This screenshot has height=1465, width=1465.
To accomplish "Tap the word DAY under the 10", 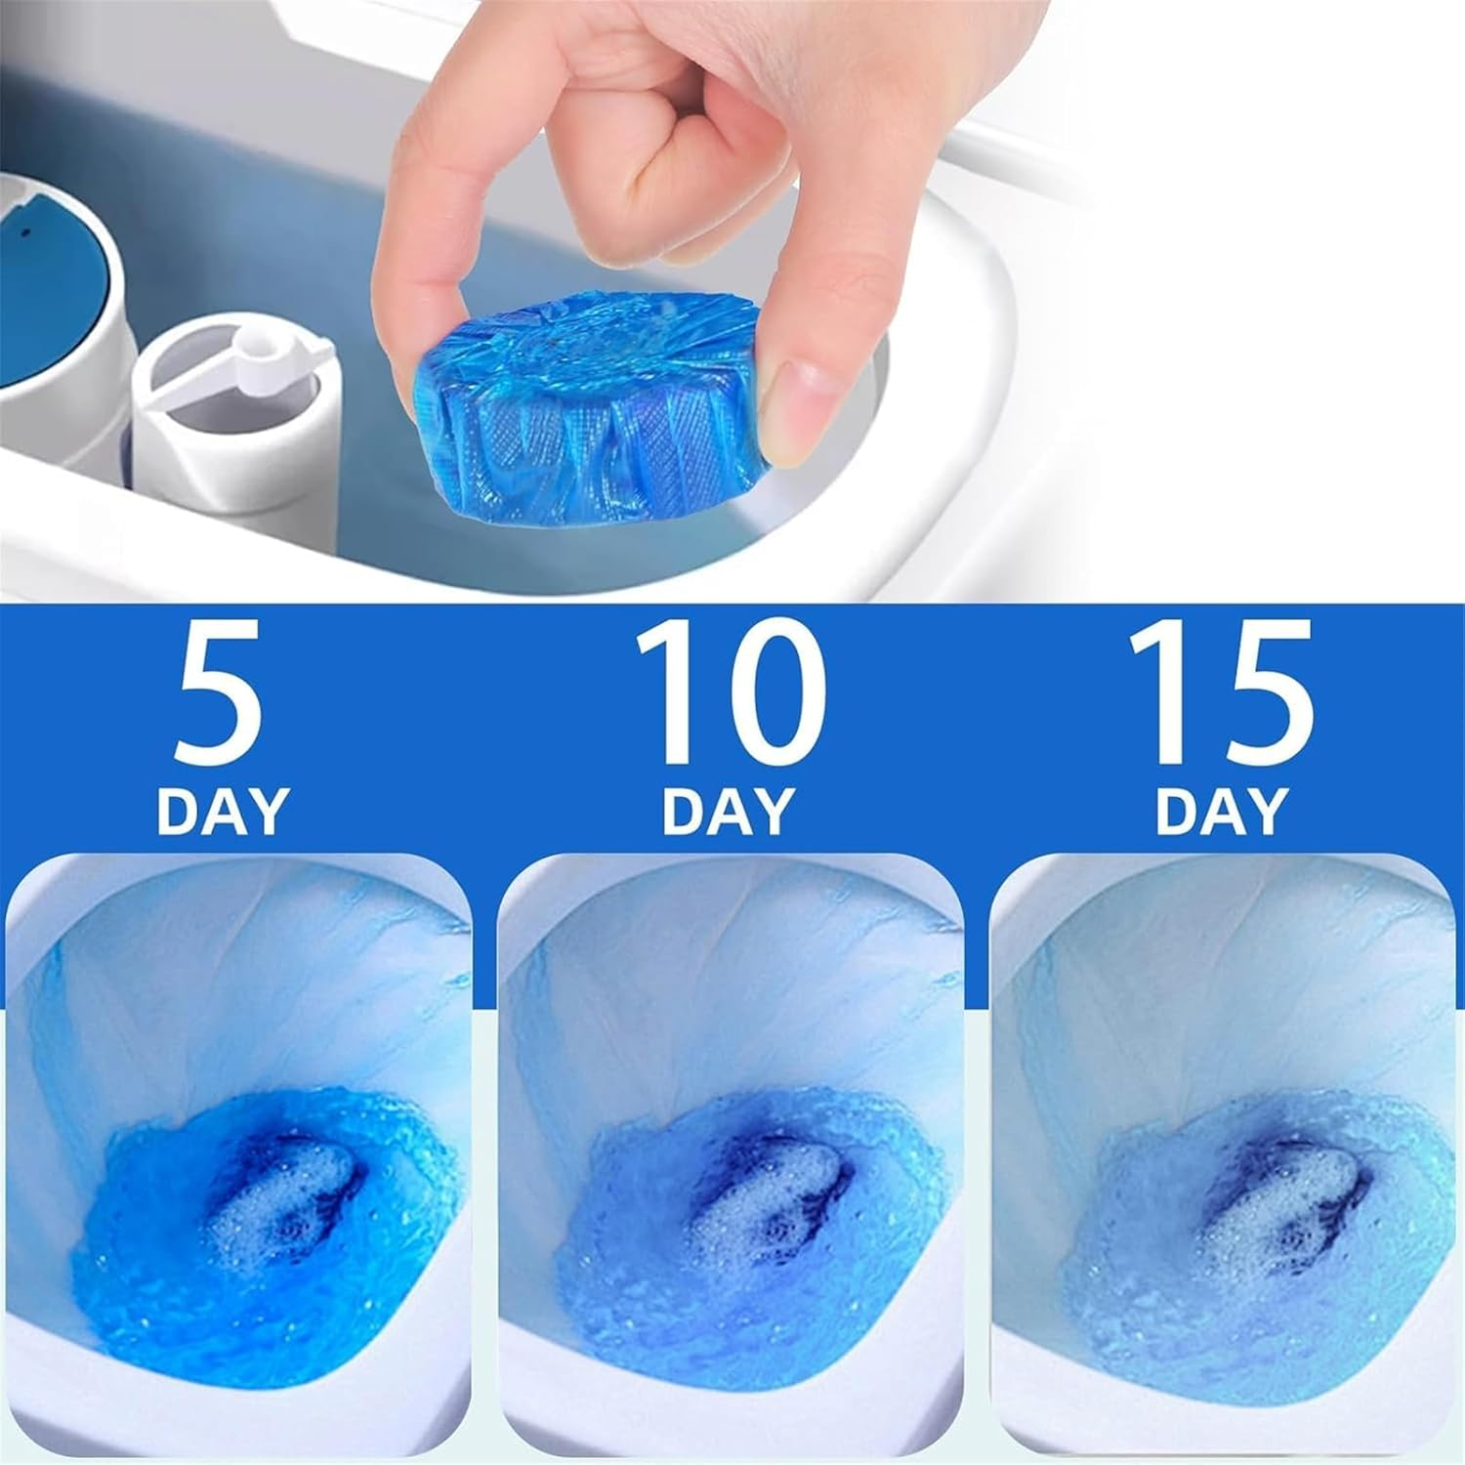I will coord(728,810).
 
